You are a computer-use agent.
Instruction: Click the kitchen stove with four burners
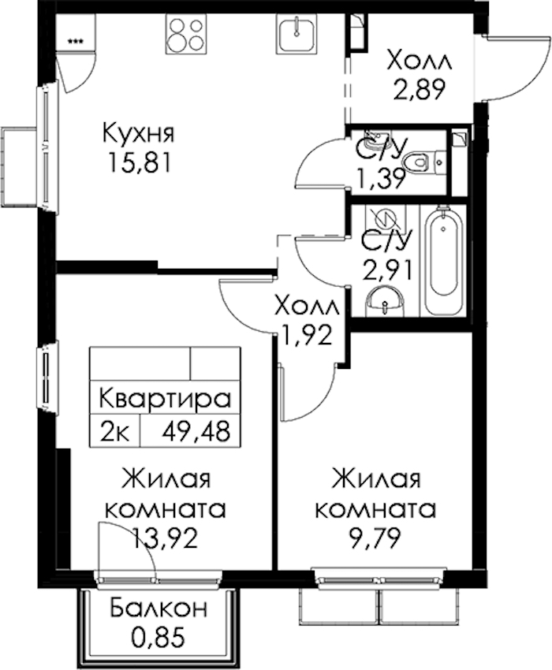click(186, 33)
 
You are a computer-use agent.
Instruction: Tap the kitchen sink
click(297, 33)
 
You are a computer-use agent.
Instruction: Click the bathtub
click(444, 261)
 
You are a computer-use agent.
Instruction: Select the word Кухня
click(139, 133)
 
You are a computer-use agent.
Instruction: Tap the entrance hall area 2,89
click(419, 89)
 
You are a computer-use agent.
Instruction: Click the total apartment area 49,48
click(196, 432)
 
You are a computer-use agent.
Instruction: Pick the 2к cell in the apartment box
click(114, 432)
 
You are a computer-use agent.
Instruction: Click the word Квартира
click(165, 399)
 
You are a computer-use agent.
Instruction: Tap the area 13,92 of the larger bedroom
click(166, 538)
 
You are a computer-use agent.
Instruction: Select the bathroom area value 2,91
click(387, 271)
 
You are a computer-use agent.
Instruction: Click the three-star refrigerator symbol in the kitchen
click(76, 42)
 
